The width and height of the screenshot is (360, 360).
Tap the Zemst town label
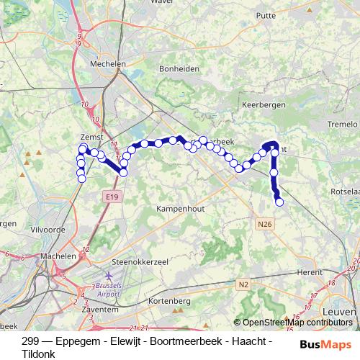(93, 136)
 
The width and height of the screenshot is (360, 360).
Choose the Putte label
(266, 14)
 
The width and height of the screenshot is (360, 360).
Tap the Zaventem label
(101, 309)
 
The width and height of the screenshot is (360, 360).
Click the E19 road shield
(110, 196)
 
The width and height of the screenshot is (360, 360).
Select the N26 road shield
(265, 225)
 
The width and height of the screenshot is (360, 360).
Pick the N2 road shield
(244, 285)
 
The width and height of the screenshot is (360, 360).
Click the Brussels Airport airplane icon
(108, 276)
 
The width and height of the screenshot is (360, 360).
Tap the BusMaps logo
(326, 344)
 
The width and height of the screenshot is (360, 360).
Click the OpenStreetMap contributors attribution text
(297, 323)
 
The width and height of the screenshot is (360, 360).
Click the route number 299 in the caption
(30, 341)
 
